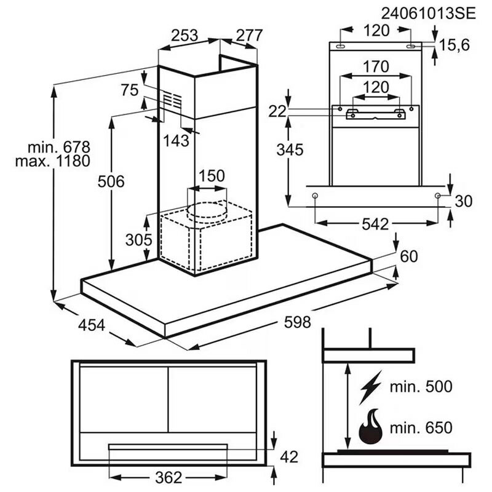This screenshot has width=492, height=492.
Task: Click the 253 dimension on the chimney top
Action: pyautogui.click(x=184, y=36)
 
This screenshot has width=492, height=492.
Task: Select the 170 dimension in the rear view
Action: pyautogui.click(x=376, y=66)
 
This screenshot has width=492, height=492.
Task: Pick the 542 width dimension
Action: pyautogui.click(x=375, y=224)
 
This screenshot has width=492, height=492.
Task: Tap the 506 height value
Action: pyautogui.click(x=111, y=181)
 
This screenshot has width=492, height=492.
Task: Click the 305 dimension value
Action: pyautogui.click(x=138, y=239)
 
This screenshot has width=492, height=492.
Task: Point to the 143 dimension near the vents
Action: pyautogui.click(x=177, y=140)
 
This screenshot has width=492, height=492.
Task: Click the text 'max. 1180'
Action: pyautogui.click(x=58, y=162)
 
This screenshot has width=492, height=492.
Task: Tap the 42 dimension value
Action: pyautogui.click(x=288, y=457)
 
